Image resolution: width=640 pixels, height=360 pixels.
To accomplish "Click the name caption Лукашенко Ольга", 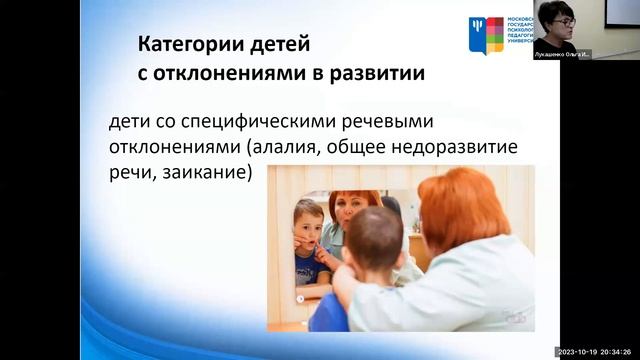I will (562, 54).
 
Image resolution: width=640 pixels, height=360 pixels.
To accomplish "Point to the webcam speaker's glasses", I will (554, 17).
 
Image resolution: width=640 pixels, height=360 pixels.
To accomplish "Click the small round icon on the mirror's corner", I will (298, 297).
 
